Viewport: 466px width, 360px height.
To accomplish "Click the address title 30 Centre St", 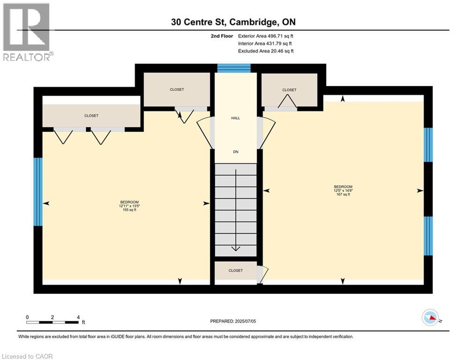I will [x=232, y=22].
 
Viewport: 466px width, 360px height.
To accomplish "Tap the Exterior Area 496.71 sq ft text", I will [x=266, y=36].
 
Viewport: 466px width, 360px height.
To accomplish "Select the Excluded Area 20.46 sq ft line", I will [x=266, y=51].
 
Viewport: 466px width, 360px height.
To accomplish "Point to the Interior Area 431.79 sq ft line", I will [x=266, y=44].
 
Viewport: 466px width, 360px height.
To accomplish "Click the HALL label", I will [x=236, y=118].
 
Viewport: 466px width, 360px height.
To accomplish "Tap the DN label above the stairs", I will [x=236, y=152].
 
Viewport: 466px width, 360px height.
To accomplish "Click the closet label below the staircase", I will [x=236, y=270].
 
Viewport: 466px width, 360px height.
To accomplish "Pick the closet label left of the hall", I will [x=177, y=90].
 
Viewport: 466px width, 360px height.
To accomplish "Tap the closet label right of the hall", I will [x=289, y=90].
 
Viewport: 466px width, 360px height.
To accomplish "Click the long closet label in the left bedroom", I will [x=91, y=116].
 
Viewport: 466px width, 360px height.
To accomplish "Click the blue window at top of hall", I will [x=234, y=68].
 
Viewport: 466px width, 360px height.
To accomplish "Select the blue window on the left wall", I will [x=38, y=191].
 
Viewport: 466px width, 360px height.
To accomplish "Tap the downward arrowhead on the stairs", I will [x=236, y=248].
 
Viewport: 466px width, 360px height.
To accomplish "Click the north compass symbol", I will [x=430, y=318].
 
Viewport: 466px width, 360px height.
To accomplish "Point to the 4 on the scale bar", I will [x=78, y=317].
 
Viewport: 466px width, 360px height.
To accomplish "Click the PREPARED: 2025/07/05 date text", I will [x=233, y=321].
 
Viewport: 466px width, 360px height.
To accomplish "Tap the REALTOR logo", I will [x=27, y=32].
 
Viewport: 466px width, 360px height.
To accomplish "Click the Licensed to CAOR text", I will [x=28, y=356].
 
